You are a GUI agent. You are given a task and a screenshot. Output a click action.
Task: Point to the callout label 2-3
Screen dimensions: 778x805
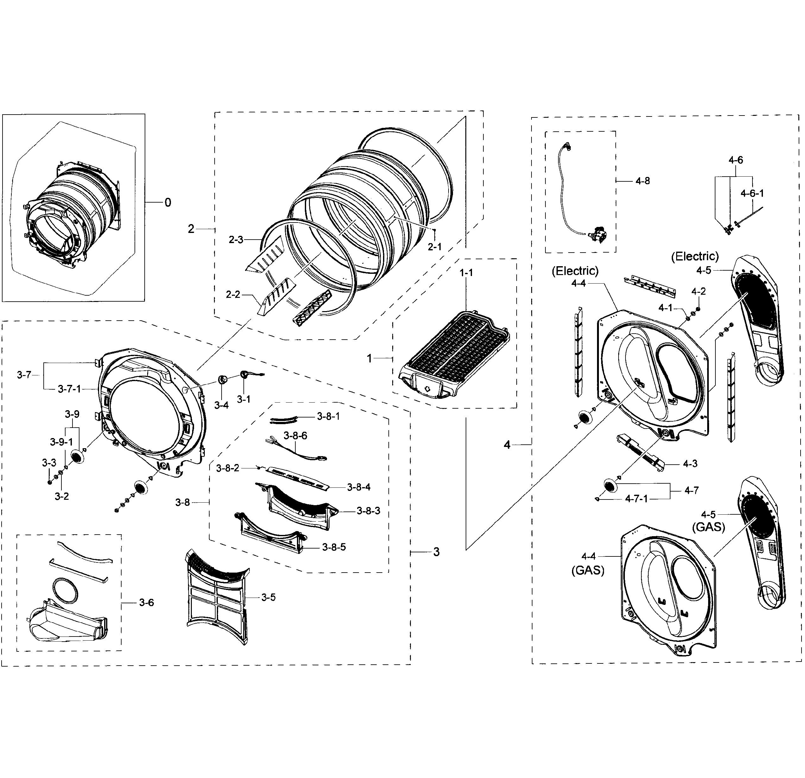pyautogui.click(x=236, y=240)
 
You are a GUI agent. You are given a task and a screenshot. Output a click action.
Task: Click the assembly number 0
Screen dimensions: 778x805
pyautogui.click(x=167, y=203)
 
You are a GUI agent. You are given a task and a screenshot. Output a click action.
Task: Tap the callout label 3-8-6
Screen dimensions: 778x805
pyautogui.click(x=295, y=436)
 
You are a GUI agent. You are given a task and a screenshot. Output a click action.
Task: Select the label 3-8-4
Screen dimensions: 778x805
pyautogui.click(x=359, y=487)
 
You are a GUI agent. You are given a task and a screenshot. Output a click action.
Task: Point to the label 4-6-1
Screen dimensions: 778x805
pyautogui.click(x=752, y=193)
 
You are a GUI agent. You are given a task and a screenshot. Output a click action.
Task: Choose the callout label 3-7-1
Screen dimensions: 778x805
pyautogui.click(x=69, y=389)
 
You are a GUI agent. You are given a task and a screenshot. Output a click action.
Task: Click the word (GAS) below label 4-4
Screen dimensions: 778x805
pyautogui.click(x=588, y=571)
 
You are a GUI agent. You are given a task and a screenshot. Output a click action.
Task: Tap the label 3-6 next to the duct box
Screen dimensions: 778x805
pyautogui.click(x=146, y=603)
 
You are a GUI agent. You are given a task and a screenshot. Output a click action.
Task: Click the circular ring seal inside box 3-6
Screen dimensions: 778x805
pyautogui.click(x=65, y=590)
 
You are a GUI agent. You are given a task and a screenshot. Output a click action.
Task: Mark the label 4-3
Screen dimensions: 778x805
pyautogui.click(x=690, y=464)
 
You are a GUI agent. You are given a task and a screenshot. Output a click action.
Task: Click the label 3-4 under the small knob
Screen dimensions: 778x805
pyautogui.click(x=221, y=405)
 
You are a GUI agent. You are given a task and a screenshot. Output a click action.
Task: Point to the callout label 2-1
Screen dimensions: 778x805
pyautogui.click(x=435, y=247)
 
